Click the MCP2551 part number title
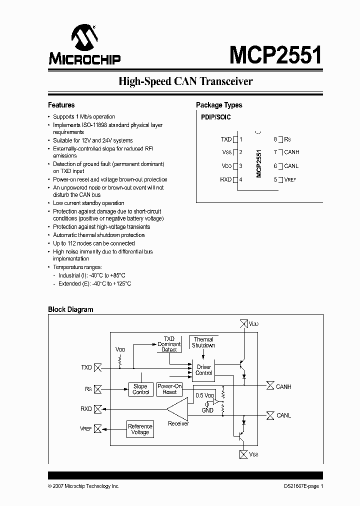point(275,54)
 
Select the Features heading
point(61,105)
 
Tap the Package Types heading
point(219,105)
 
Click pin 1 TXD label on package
point(226,139)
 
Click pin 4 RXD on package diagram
point(226,179)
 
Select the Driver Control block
point(204,370)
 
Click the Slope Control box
point(140,389)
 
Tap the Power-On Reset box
point(170,389)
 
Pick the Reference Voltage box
point(140,429)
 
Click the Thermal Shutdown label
point(203,342)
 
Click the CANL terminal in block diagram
point(270,415)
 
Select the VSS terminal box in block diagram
point(243,454)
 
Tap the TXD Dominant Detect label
point(169,344)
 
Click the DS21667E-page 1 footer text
point(300,486)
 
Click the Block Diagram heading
point(70,309)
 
